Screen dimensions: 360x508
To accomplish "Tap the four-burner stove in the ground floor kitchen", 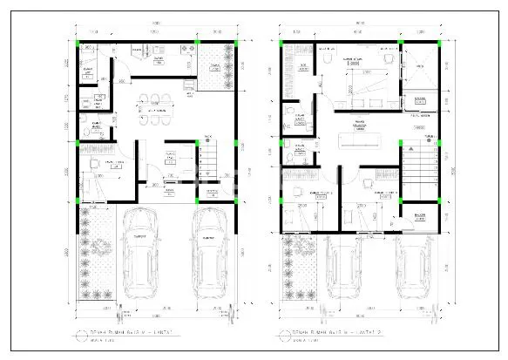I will coord(186,52).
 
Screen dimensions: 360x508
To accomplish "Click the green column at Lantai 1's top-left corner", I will coord(78,41).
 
